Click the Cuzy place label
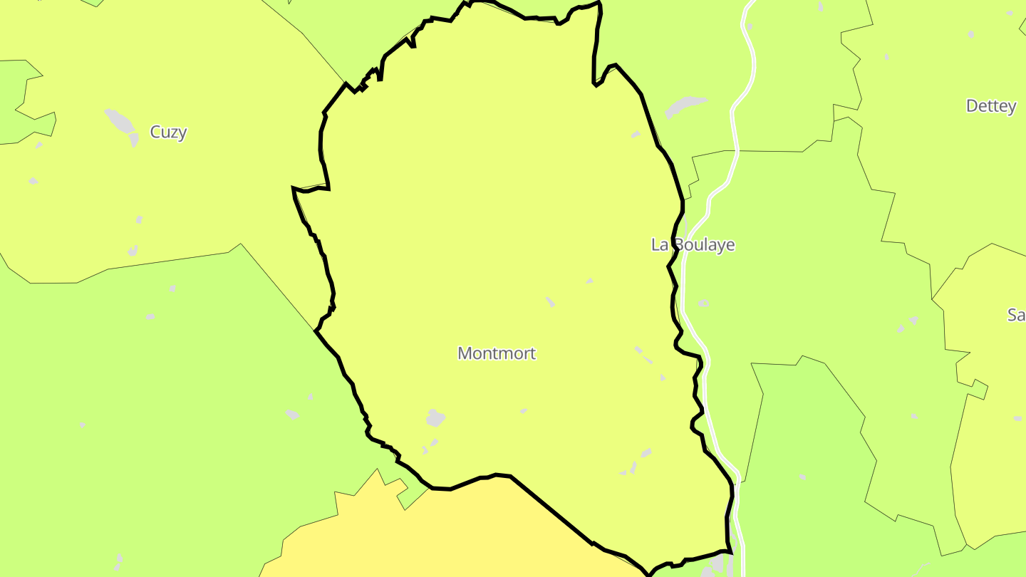[168, 132]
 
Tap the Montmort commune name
[496, 353]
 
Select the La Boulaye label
[693, 245]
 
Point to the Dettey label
[990, 106]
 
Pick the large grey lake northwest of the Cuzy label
[120, 122]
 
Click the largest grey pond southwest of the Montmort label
[435, 418]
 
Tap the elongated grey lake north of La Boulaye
[685, 105]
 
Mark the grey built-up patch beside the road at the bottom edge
[716, 566]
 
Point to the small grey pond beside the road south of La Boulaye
[704, 303]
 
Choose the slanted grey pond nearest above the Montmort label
[550, 302]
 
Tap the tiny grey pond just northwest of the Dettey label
[970, 34]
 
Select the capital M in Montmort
[465, 353]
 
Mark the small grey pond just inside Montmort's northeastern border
[636, 134]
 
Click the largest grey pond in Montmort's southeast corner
[646, 452]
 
